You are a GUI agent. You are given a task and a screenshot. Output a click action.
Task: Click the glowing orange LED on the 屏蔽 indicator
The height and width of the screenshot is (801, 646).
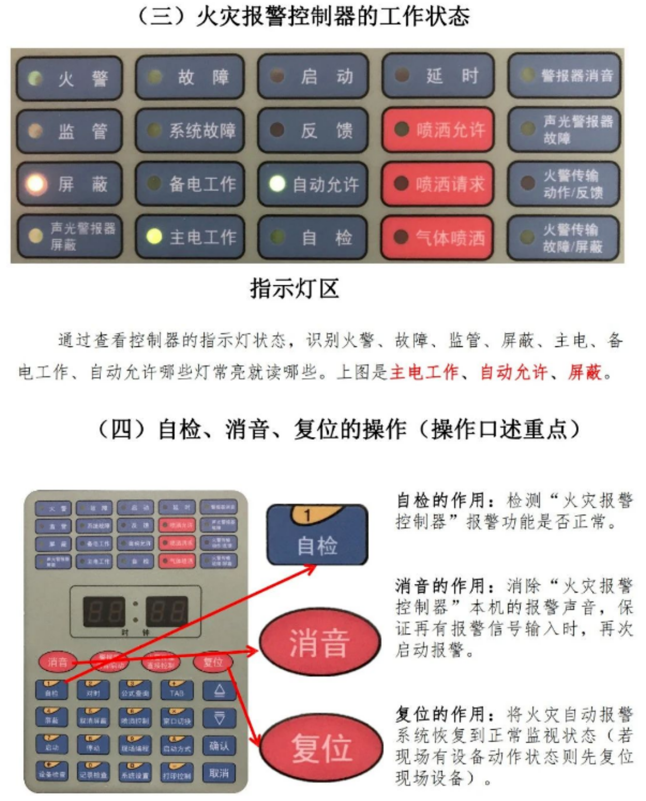click(x=36, y=184)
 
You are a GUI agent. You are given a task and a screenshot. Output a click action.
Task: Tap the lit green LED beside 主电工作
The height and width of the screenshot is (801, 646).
click(x=154, y=236)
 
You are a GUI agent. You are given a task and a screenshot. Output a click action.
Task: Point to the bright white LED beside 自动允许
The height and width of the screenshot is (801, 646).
click(x=277, y=184)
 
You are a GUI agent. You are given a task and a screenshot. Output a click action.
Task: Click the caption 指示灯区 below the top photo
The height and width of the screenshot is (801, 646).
click(x=294, y=289)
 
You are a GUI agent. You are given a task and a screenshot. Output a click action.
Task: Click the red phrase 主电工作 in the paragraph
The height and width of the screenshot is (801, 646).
click(x=424, y=372)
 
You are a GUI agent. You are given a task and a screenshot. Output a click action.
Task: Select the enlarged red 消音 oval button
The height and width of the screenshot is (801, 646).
click(x=320, y=642)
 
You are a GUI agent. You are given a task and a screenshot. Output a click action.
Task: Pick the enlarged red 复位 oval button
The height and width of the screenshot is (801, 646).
click(x=321, y=748)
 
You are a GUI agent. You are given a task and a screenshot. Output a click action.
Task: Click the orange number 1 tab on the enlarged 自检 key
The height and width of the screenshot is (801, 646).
click(x=308, y=515)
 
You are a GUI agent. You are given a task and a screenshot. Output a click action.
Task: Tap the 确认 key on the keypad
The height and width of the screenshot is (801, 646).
click(x=219, y=746)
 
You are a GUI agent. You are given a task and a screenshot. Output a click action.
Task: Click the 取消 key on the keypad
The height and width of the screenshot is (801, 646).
click(x=219, y=774)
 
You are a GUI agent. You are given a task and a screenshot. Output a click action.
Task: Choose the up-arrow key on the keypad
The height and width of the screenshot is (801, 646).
click(x=219, y=691)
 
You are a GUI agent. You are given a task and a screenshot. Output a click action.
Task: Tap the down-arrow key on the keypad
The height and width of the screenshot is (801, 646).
click(x=219, y=718)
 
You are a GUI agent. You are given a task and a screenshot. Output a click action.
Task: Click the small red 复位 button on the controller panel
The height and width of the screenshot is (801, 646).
click(x=213, y=662)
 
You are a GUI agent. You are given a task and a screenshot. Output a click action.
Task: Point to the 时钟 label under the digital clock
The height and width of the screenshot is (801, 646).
click(x=135, y=632)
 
